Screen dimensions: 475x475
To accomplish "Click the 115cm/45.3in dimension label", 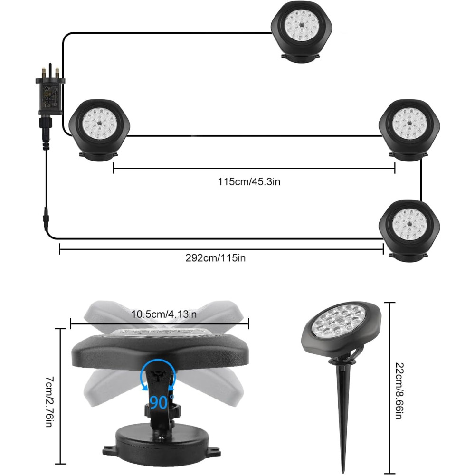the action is click(x=249, y=182).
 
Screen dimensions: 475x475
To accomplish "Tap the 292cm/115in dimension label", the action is click(x=215, y=258).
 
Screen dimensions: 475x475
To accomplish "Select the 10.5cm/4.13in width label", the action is click(x=164, y=314).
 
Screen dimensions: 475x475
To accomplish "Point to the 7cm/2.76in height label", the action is click(x=50, y=402).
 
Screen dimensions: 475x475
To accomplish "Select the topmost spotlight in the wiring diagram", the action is click(x=302, y=32).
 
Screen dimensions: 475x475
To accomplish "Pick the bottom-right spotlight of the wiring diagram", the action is click(x=409, y=231).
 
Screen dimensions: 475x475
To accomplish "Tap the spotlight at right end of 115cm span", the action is click(x=409, y=130).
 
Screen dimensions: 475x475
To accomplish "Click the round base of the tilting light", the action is click(x=161, y=444).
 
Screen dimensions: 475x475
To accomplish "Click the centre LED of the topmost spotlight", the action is click(x=302, y=25).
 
